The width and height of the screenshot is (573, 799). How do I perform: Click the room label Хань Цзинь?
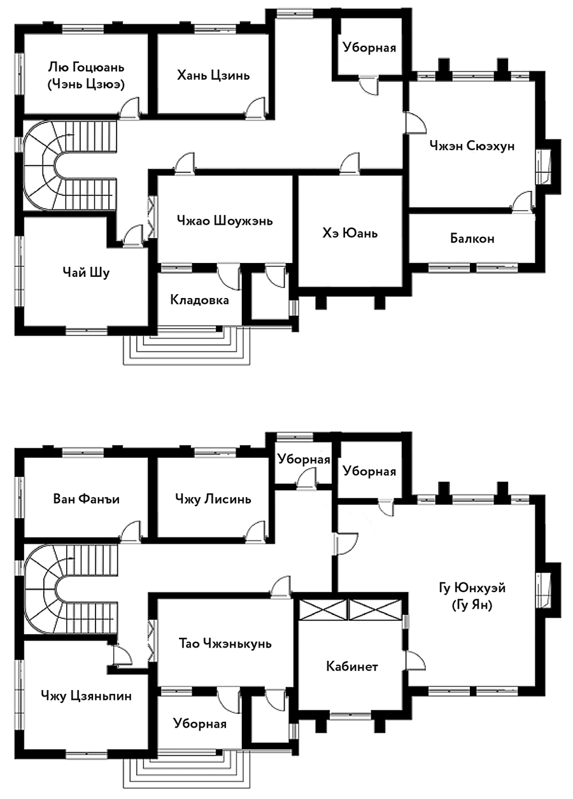[x=213, y=75]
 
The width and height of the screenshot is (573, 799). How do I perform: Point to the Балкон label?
[x=472, y=239]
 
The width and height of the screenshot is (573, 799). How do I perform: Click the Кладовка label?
[x=200, y=299]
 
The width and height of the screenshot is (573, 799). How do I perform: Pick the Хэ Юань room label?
[x=350, y=233]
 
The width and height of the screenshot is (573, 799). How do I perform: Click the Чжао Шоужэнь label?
[x=225, y=221]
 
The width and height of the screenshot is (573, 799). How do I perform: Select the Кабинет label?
[x=352, y=666]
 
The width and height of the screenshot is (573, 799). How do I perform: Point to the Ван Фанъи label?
[x=87, y=499]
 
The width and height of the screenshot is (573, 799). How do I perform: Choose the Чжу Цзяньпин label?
[x=86, y=695]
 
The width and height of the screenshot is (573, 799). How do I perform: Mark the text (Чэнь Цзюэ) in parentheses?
[x=85, y=84]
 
